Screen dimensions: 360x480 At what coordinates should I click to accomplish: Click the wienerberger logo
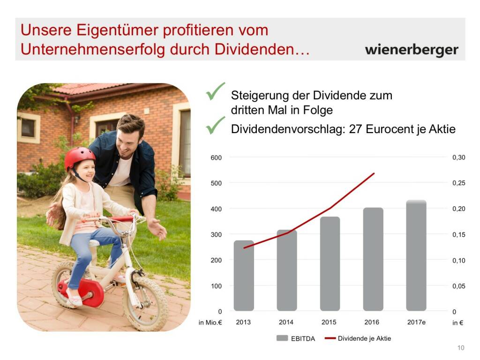(x=412, y=50)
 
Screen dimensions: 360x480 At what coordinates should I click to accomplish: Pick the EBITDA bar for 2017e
(x=416, y=255)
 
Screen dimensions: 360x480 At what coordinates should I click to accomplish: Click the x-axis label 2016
(x=372, y=322)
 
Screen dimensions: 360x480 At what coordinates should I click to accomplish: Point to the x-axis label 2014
(x=286, y=322)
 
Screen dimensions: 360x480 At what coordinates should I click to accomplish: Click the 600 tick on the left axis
(x=216, y=157)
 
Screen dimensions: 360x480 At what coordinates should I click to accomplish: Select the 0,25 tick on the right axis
(x=459, y=183)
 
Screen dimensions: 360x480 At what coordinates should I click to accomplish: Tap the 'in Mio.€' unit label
(x=210, y=322)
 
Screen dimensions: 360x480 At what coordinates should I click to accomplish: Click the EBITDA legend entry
(x=296, y=338)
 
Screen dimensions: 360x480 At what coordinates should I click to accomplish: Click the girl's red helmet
(x=79, y=157)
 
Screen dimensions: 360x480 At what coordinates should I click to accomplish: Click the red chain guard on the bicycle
(x=84, y=292)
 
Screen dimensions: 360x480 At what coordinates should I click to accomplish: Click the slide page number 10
(x=461, y=348)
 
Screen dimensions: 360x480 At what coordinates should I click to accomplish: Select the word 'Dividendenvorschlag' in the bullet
(x=288, y=129)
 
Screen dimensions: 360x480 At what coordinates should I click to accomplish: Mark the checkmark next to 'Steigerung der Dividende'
(x=215, y=91)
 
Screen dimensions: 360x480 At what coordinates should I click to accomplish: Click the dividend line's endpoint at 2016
(x=374, y=173)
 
